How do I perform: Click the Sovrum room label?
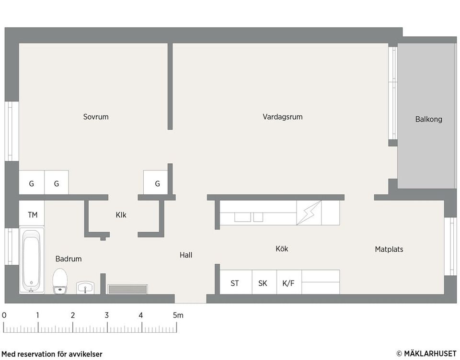pos(96,117)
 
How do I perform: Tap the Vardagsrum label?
pos(282,117)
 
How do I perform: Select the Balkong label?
pos(428,119)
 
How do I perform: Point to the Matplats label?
pos(389,249)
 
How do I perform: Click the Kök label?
pos(282,249)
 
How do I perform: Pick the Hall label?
pos(186,255)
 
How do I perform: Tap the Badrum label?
pos(69,259)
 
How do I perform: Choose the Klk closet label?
pos(121,215)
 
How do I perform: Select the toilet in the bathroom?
pos(60,281)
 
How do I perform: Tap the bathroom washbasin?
pos(85,287)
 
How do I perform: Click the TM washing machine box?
pos(32,215)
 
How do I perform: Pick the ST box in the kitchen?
pos(235,283)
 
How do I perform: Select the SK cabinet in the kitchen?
pos(263,283)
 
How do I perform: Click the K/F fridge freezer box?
pos(288,283)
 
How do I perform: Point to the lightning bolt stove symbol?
pos(309,213)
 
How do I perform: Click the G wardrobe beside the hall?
pos(157,184)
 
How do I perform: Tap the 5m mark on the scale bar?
pos(178,315)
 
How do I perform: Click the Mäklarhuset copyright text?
pos(426,353)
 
